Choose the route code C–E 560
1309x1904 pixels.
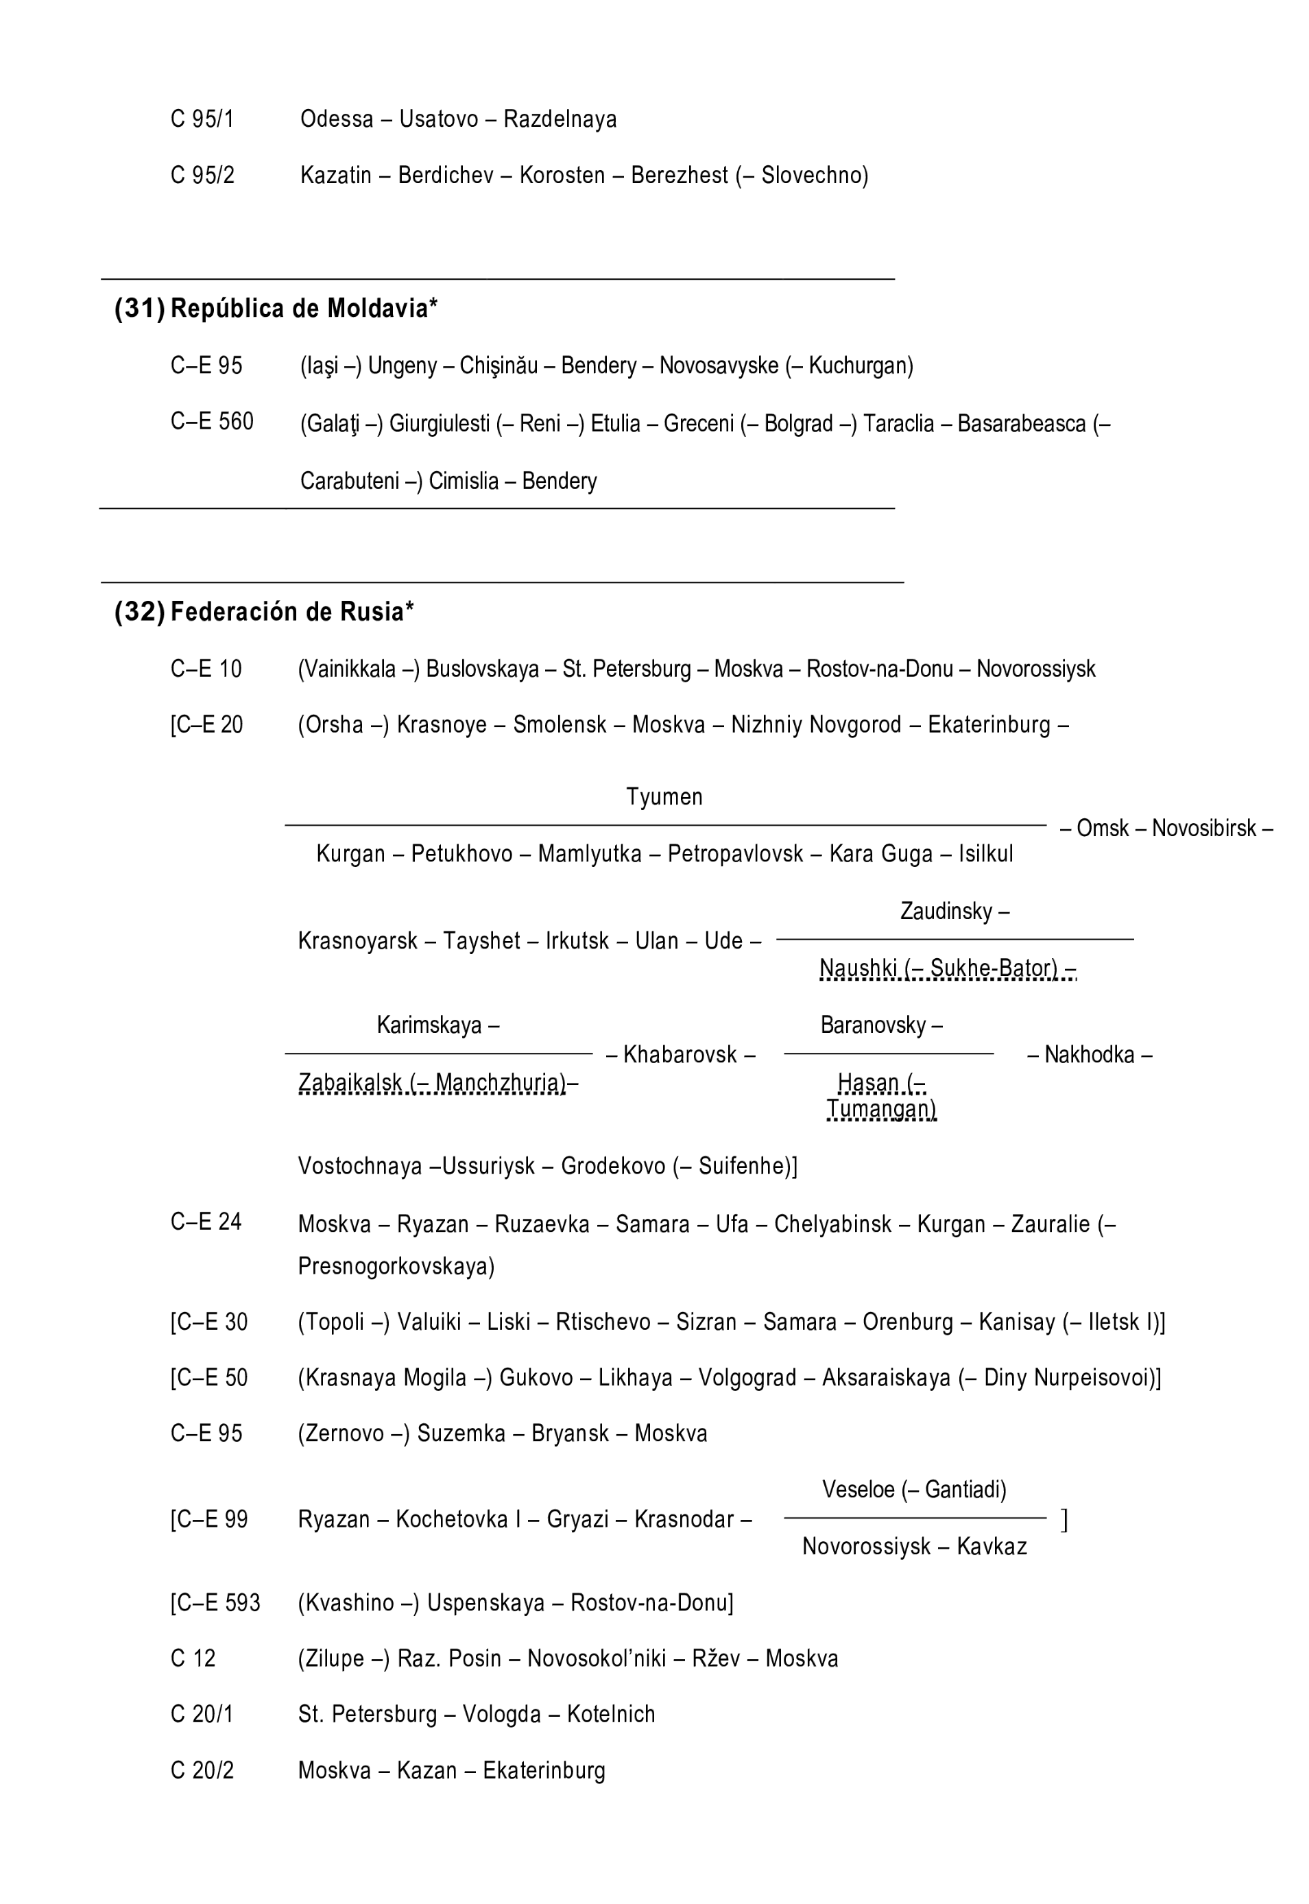[212, 422]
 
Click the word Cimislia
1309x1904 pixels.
[464, 481]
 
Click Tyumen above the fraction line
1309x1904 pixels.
[664, 796]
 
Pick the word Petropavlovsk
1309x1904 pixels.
[735, 854]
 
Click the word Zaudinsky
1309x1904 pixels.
[946, 912]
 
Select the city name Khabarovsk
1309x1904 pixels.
[680, 1055]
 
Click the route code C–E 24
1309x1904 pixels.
[206, 1222]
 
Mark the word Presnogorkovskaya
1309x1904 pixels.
[396, 1267]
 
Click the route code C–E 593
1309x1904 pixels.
[215, 1603]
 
